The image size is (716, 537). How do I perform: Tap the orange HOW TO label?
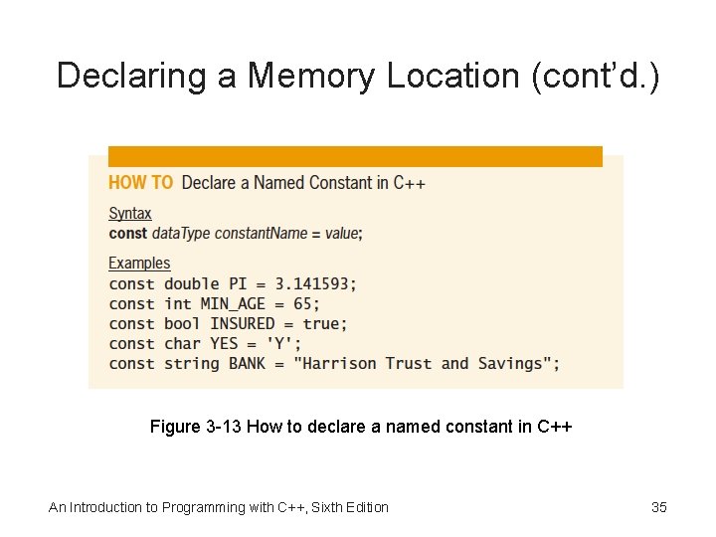pyautogui.click(x=140, y=183)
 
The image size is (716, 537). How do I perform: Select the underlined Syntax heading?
pyautogui.click(x=129, y=213)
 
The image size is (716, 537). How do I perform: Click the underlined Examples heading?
pyautogui.click(x=139, y=264)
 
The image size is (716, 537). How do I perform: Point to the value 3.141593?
pyautogui.click(x=312, y=284)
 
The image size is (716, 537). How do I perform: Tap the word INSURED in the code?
pyautogui.click(x=242, y=324)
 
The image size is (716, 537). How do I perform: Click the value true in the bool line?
pyautogui.click(x=321, y=324)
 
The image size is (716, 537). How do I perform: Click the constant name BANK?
pyautogui.click(x=247, y=364)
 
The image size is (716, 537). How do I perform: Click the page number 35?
pyautogui.click(x=659, y=508)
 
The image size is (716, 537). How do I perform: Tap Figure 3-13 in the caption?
pyautogui.click(x=195, y=428)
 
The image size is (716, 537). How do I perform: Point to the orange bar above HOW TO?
pyautogui.click(x=355, y=157)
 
